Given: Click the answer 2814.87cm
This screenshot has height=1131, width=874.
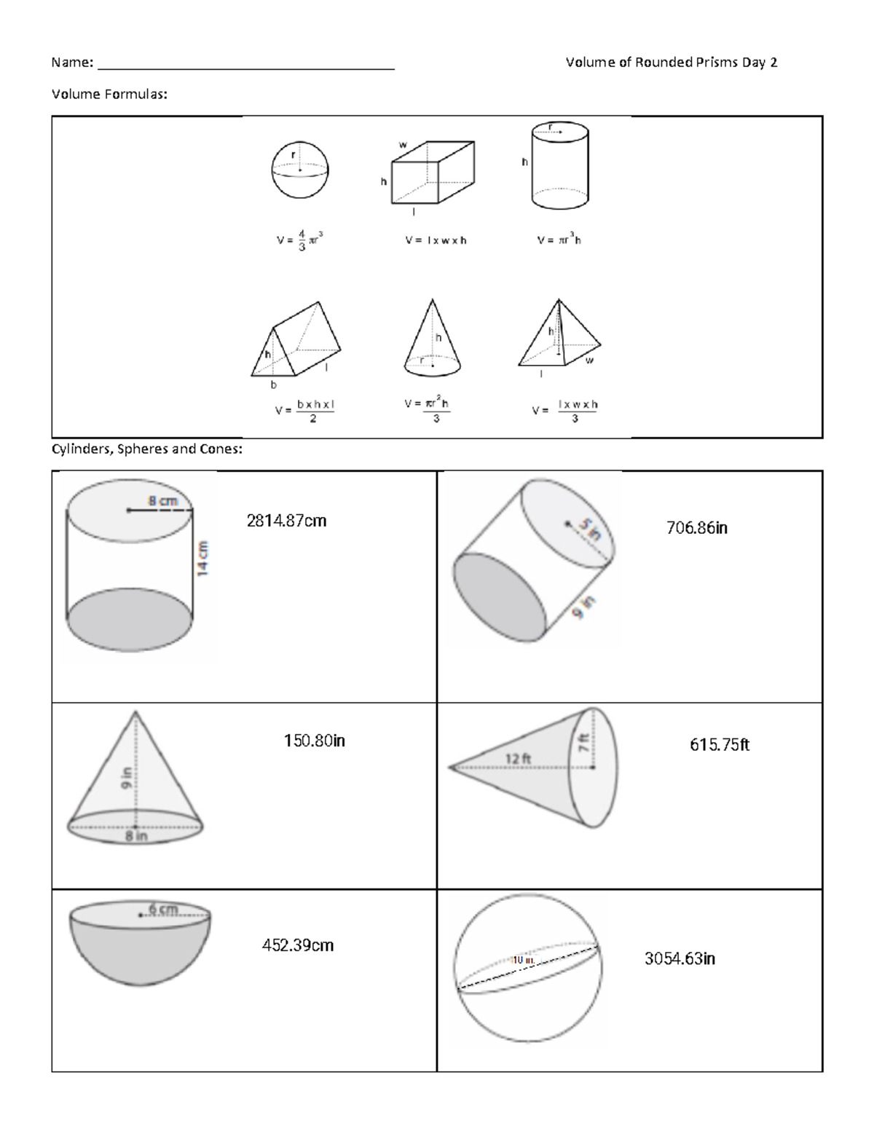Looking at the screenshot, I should [286, 521].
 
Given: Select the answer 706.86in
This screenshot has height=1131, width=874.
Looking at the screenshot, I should [696, 528].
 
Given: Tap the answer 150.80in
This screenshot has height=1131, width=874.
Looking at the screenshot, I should [314, 741].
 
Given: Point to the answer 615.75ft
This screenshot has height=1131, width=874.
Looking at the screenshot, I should [719, 744].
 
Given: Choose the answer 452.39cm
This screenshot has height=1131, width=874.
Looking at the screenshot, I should [297, 945].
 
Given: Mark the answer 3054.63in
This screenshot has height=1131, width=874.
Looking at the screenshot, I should [679, 958].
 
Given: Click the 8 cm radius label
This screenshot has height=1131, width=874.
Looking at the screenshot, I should [162, 501].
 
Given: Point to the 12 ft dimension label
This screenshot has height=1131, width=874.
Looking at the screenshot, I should [518, 759].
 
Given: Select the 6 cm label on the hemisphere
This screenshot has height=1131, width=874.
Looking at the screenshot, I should [162, 909].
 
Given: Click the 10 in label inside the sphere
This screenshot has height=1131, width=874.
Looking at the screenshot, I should [522, 961].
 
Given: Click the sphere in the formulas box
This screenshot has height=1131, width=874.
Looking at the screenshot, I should [299, 170].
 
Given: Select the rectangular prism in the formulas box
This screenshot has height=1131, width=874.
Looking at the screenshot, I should [433, 173].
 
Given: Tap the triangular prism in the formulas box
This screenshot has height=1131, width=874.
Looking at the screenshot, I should [295, 341].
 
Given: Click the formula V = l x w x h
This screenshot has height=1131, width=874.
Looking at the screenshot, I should [436, 240].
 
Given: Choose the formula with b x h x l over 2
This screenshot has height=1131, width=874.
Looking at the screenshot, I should [305, 411].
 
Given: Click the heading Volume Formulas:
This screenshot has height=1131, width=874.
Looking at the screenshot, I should [109, 94].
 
